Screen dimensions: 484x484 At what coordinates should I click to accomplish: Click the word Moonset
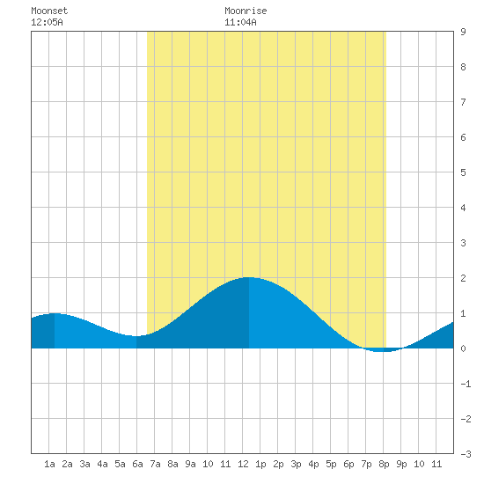(49, 11)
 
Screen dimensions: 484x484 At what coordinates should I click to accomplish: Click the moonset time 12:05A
(47, 22)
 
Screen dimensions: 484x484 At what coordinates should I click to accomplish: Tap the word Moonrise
(246, 11)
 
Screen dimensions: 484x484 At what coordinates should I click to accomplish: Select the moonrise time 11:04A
(240, 22)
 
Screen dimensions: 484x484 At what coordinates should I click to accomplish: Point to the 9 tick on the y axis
(463, 32)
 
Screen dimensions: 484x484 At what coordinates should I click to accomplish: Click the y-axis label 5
(463, 172)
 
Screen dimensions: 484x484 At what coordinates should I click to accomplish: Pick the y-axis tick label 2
(463, 278)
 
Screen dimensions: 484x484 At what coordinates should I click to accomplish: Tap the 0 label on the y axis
(463, 348)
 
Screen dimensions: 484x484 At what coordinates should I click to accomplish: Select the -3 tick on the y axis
(466, 454)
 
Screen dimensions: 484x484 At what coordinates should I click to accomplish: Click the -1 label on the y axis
(466, 384)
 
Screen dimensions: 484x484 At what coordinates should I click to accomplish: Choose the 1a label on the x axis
(49, 464)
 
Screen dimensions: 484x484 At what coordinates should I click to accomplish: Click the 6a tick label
(137, 464)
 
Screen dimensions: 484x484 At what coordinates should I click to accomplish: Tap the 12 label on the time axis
(243, 464)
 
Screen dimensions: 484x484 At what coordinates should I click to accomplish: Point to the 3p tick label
(296, 464)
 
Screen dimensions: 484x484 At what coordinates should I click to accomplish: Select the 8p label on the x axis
(384, 464)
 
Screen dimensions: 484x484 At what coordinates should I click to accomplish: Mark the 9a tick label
(190, 464)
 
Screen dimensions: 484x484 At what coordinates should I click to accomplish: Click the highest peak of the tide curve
(249, 277)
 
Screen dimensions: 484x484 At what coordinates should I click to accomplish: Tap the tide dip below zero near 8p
(382, 351)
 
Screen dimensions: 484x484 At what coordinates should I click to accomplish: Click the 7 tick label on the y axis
(463, 102)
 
